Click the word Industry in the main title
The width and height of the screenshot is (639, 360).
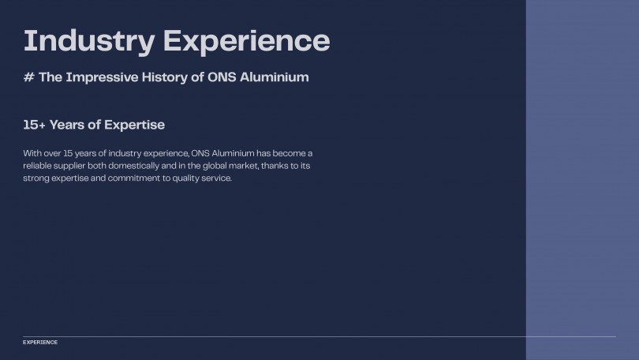click(x=89, y=42)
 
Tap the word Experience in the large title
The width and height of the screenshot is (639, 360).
click(x=247, y=42)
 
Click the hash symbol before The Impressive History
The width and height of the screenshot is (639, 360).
click(x=29, y=77)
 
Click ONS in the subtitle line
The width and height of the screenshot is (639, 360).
click(x=222, y=77)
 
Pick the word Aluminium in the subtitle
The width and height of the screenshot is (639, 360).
click(x=275, y=77)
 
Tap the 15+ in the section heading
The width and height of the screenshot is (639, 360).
click(x=34, y=125)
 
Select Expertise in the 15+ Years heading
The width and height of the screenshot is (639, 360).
click(x=134, y=126)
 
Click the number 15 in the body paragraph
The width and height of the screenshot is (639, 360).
click(x=68, y=153)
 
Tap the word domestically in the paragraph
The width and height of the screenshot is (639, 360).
click(x=133, y=166)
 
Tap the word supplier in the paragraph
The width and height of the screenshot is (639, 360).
click(x=69, y=166)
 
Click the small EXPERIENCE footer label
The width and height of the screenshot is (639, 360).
click(x=40, y=342)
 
